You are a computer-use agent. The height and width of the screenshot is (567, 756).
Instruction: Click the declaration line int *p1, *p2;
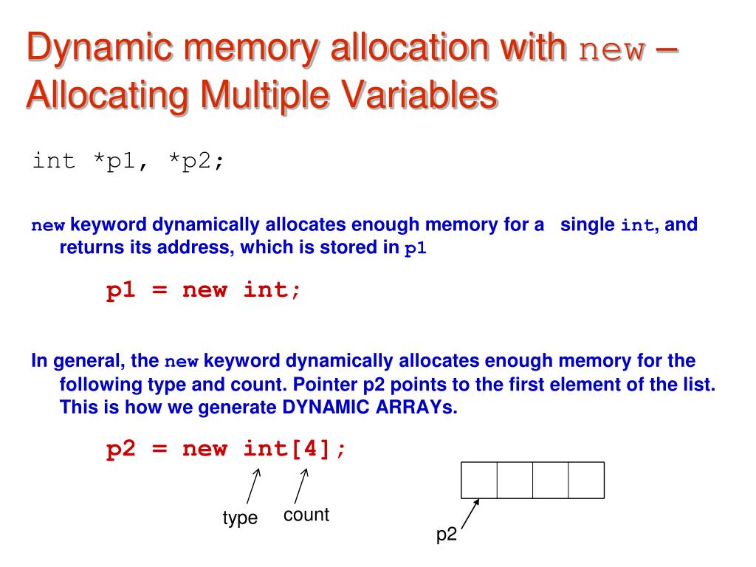tap(128, 161)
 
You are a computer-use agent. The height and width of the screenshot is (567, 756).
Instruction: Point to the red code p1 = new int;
tap(204, 290)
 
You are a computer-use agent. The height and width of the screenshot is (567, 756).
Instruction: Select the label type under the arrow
tap(240, 518)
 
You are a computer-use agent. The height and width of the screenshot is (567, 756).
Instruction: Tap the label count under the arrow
tap(306, 515)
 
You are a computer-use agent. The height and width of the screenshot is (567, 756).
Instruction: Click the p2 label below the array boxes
tap(447, 535)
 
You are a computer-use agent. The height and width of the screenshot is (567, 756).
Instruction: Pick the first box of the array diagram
tap(479, 480)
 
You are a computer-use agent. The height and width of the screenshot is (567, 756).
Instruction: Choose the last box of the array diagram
tap(586, 480)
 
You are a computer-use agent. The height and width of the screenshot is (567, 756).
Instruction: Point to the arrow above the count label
tap(300, 487)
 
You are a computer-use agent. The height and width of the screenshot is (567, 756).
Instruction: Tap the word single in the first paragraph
tap(588, 224)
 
